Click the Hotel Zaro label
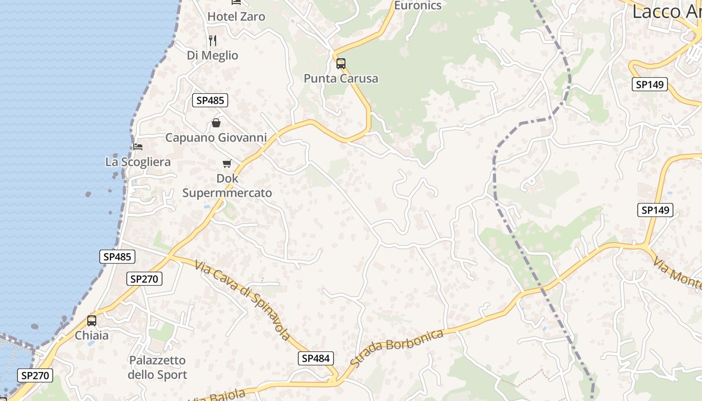[x=236, y=17]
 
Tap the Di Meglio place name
[x=212, y=55]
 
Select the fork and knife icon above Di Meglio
[x=213, y=40]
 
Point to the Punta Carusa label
[x=341, y=78]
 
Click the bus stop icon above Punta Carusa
[x=341, y=64]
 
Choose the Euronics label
[x=418, y=6]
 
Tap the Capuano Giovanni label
[x=216, y=137]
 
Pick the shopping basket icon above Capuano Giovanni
[x=216, y=123]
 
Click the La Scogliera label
[x=138, y=162]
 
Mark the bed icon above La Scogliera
[x=138, y=147]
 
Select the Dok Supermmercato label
[x=227, y=185]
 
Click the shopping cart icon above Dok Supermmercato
[x=227, y=163]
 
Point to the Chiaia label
[x=92, y=335]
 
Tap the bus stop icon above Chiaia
[x=92, y=321]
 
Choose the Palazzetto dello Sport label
[x=157, y=367]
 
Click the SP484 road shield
[x=316, y=358]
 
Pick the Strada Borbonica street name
[x=397, y=347]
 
